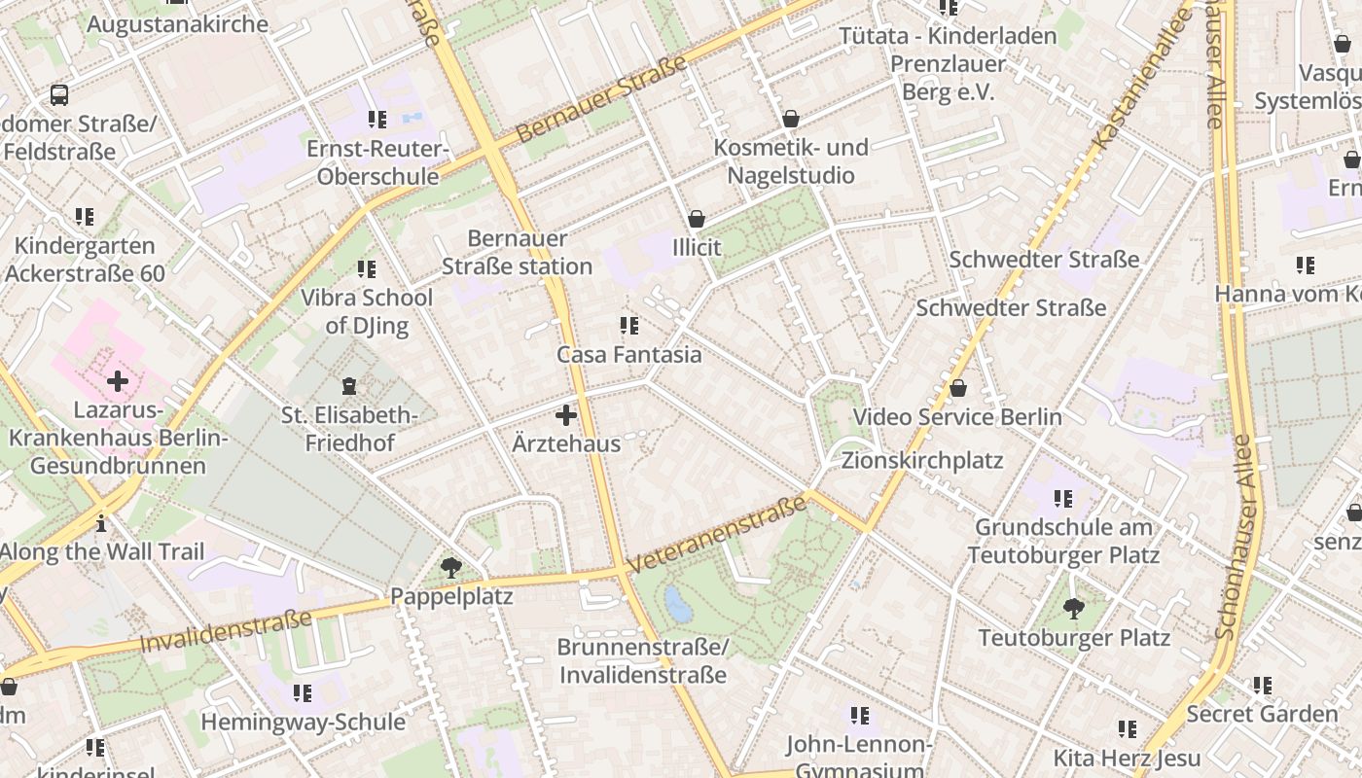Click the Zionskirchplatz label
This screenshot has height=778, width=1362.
point(921,460)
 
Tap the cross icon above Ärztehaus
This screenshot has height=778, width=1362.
point(565,416)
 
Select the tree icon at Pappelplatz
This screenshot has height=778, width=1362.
point(450,567)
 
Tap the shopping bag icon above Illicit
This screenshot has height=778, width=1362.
point(697,219)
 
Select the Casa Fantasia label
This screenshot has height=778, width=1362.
point(628,355)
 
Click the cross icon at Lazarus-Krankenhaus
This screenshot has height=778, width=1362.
point(118,381)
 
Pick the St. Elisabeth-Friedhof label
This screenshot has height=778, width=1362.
point(349,430)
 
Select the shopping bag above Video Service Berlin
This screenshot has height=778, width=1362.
point(958,389)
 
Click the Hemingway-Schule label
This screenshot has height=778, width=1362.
point(303,722)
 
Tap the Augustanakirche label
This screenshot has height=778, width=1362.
point(177,24)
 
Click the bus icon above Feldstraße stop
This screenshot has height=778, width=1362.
point(59,95)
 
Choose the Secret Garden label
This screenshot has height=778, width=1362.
point(1262,714)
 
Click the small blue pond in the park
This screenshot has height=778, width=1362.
point(677,604)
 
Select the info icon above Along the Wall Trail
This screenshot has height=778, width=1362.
point(101,524)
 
